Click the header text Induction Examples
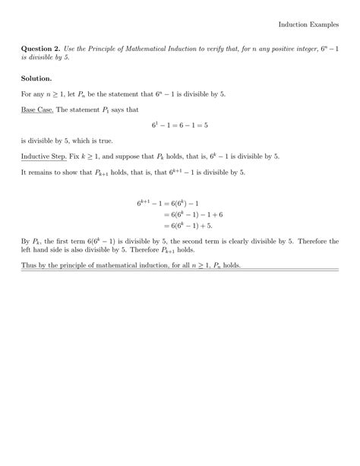308,25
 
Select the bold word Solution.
36,78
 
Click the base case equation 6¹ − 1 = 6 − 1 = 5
180,125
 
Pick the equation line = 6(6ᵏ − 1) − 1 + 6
190,214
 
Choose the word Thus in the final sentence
29,265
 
